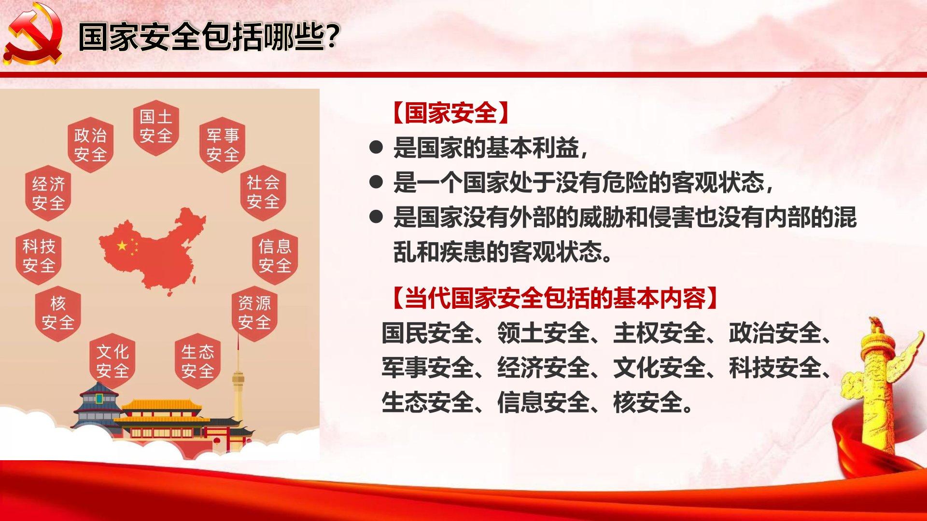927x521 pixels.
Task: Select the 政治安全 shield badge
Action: [90, 145]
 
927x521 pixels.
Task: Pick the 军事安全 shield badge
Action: [223, 145]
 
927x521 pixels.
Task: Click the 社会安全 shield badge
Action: [263, 192]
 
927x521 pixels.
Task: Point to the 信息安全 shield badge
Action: [275, 256]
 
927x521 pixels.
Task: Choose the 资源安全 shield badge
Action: [254, 313]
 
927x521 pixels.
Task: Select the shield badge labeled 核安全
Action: [58, 313]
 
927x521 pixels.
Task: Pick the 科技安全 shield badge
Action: [39, 256]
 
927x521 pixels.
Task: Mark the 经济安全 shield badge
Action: [48, 192]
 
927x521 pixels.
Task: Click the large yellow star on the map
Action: [122, 246]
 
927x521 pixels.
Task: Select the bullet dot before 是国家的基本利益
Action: [376, 147]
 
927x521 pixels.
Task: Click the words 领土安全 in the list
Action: [544, 333]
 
